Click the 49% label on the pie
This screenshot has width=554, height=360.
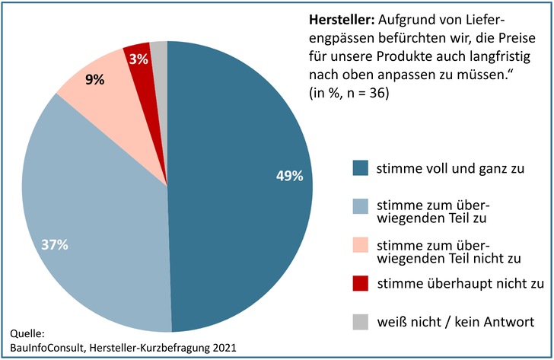289,176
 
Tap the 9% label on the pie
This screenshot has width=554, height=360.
95,78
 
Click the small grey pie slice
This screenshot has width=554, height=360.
159,51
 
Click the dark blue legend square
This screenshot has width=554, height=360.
360,168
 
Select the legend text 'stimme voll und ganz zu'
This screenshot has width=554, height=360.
439,168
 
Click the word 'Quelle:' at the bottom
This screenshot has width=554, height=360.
28,333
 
